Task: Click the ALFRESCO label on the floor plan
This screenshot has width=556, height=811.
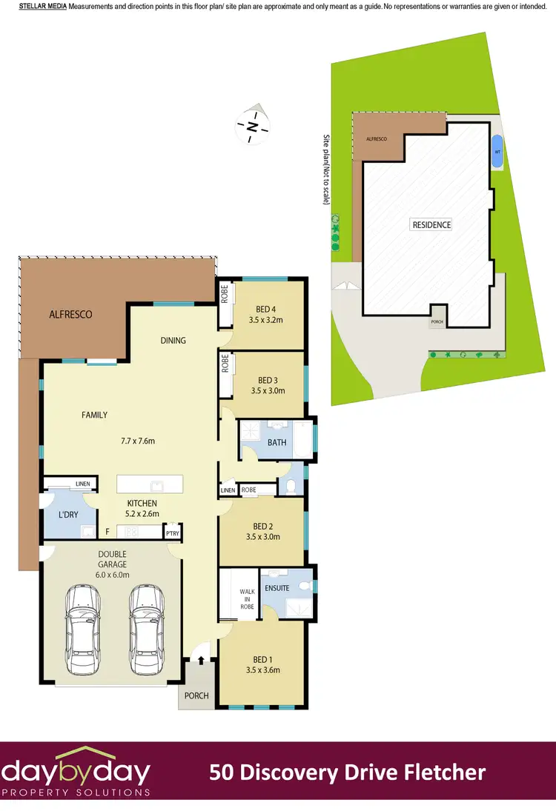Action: click(71, 314)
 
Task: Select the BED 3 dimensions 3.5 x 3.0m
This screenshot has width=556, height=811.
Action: click(268, 390)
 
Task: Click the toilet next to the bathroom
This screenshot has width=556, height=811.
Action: click(290, 486)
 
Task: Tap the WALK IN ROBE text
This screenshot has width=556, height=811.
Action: click(247, 599)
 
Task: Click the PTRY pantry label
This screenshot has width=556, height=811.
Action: click(173, 533)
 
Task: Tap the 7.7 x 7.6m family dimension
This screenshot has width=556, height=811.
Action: click(139, 441)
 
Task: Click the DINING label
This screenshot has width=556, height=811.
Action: click(173, 341)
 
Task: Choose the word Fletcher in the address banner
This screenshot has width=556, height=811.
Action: click(442, 773)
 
